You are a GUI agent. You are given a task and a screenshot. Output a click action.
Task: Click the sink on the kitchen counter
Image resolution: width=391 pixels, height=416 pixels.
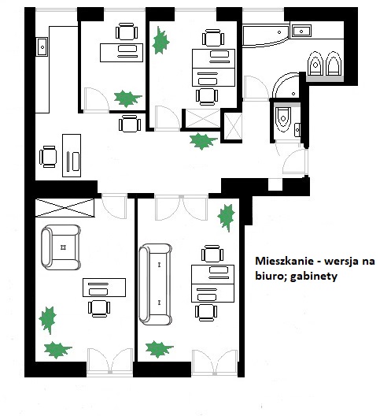[x=42, y=47]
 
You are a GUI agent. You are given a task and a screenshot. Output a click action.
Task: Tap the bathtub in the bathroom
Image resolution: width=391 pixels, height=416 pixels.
[x=265, y=35]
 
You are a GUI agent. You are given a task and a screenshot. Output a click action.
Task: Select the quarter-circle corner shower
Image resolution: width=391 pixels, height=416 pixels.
[x=286, y=86]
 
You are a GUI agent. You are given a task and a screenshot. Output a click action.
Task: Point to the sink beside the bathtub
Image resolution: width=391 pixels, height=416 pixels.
[x=302, y=31]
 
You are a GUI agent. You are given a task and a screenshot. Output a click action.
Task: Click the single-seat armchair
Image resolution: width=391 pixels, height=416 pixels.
[x=61, y=247]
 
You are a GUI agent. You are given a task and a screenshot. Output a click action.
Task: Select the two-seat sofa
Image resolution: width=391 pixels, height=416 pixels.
[x=155, y=284]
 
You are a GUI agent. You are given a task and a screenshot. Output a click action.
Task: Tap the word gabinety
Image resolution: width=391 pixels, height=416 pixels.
[x=314, y=277]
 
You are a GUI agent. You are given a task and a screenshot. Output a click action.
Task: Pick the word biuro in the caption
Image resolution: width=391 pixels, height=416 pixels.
[x=271, y=276]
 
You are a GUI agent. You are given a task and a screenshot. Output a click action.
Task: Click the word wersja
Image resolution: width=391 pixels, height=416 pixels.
[x=340, y=262]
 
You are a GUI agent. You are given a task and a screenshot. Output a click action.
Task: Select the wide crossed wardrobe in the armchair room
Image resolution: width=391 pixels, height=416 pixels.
[x=65, y=207]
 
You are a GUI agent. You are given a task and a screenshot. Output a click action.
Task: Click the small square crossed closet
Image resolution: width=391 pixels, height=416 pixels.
[x=233, y=126]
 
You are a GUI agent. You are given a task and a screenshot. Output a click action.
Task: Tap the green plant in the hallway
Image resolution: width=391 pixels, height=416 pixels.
[x=203, y=141]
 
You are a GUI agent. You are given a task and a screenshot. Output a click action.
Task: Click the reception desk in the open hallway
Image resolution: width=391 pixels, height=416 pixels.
[x=72, y=155]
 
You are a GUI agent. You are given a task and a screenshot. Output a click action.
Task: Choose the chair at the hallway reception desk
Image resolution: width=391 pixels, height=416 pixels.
[x=48, y=157]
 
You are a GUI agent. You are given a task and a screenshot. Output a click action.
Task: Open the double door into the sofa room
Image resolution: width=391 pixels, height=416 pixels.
[x=181, y=208]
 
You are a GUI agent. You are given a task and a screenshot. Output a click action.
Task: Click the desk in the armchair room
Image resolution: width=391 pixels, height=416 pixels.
[x=104, y=288]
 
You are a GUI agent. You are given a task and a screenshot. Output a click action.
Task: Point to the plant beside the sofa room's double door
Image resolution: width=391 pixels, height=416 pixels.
[x=227, y=217]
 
